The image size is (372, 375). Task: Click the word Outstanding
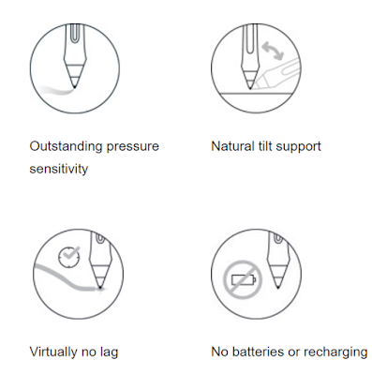(x=66, y=146)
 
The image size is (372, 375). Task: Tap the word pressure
(x=133, y=147)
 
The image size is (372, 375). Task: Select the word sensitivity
(x=59, y=169)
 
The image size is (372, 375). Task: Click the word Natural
(x=232, y=146)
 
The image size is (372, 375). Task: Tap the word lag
(x=110, y=352)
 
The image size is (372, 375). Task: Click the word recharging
(x=335, y=352)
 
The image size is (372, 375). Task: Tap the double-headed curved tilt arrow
(x=273, y=51)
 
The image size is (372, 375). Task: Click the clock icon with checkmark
(x=69, y=257)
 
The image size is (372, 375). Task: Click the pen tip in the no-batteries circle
(x=278, y=286)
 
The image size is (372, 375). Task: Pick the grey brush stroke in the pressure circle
(x=57, y=90)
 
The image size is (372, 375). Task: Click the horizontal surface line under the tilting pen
(x=257, y=93)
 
